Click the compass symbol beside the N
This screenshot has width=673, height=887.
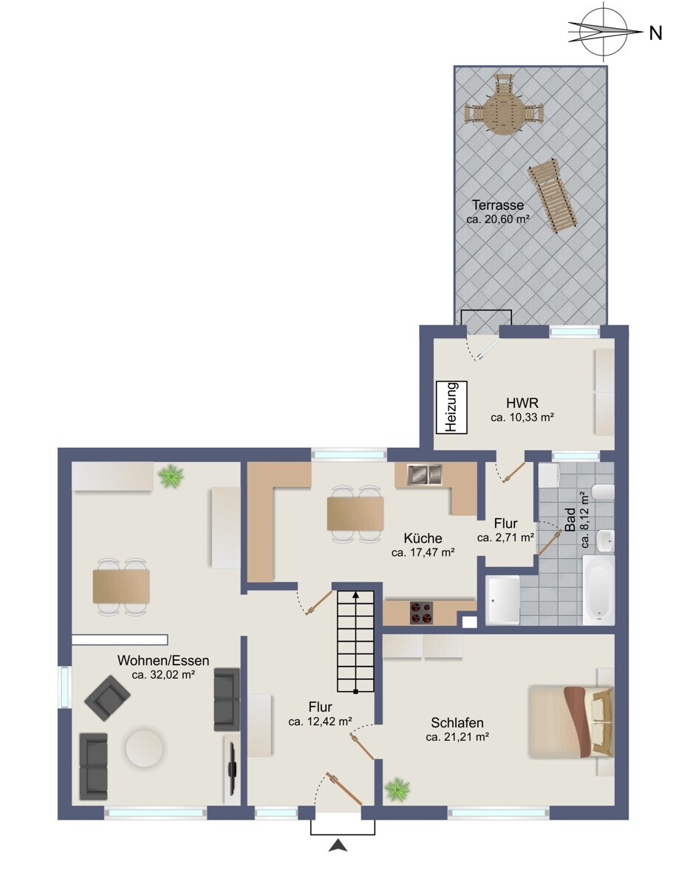[604, 31]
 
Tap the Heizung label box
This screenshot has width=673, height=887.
[451, 406]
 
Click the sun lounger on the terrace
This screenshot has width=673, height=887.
[553, 197]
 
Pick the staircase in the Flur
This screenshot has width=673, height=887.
[357, 639]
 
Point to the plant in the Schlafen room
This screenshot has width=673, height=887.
[397, 789]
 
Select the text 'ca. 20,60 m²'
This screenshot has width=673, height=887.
[498, 219]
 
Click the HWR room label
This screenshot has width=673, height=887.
[522, 404]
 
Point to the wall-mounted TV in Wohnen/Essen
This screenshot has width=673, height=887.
[231, 769]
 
